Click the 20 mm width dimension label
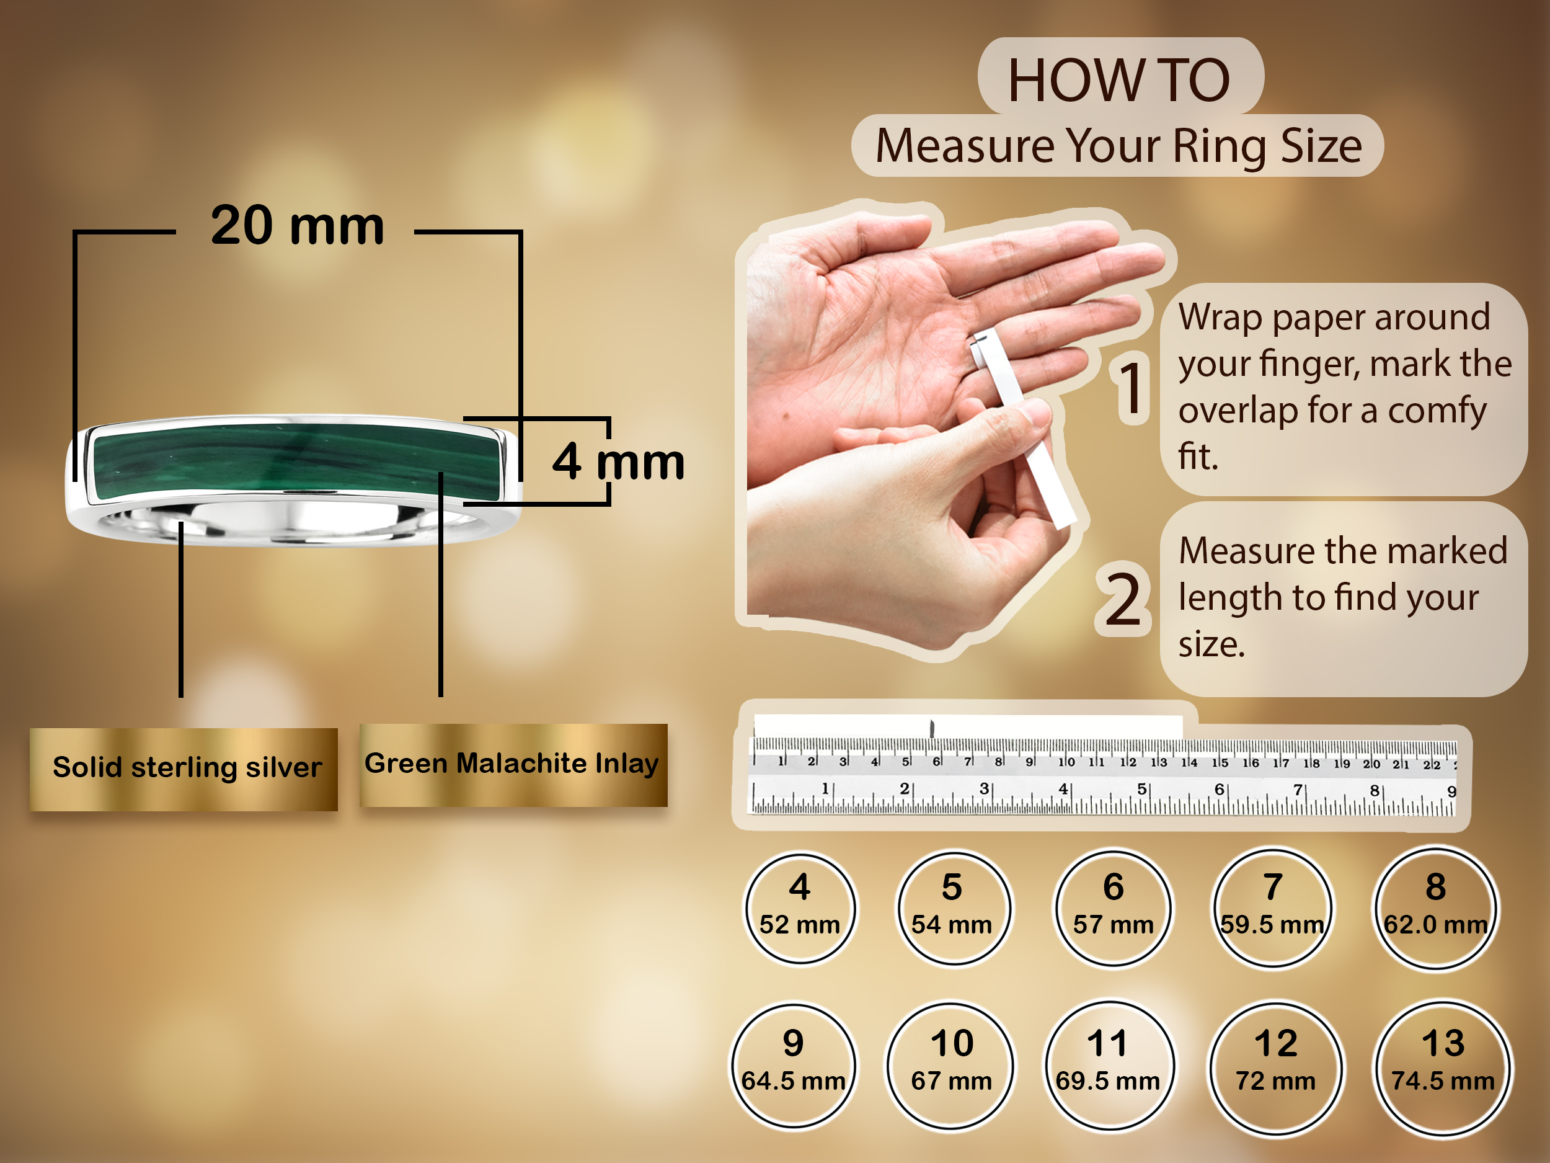tap(297, 226)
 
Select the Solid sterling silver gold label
tap(184, 769)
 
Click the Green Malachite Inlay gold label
tap(513, 765)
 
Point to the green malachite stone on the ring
tap(296, 461)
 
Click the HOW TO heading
tap(1119, 80)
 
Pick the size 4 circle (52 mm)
tap(800, 908)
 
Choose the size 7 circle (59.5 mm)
tap(1272, 908)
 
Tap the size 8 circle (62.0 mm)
tap(1436, 908)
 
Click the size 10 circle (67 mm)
tap(951, 1065)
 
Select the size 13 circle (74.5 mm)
tap(1443, 1067)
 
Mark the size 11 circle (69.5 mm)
tap(1108, 1065)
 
